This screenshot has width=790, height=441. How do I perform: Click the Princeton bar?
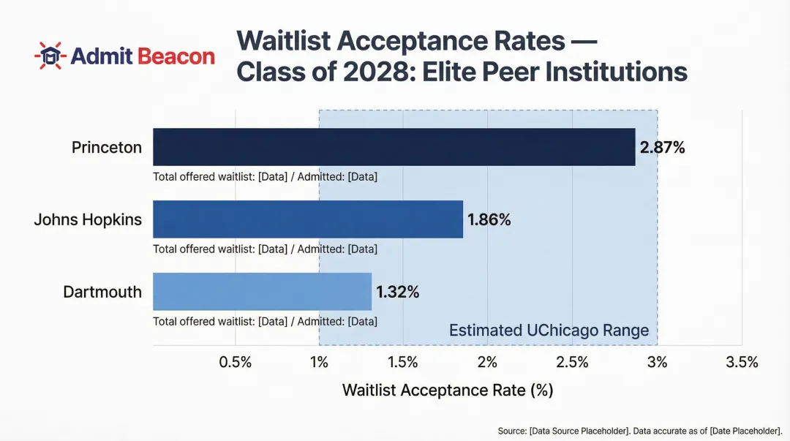[x=394, y=147]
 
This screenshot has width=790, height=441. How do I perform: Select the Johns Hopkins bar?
[x=308, y=219]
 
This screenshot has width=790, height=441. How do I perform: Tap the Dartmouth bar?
[x=262, y=292]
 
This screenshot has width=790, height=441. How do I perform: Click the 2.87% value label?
[x=662, y=148]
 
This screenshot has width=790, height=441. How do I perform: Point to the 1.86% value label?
[x=489, y=219]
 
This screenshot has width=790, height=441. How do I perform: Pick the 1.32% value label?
[x=398, y=293]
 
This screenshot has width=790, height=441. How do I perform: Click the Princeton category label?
[x=107, y=148]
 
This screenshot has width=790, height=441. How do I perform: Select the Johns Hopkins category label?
[x=88, y=219]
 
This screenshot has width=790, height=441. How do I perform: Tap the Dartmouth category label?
[x=102, y=292]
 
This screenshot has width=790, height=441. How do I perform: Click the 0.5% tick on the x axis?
[x=236, y=363]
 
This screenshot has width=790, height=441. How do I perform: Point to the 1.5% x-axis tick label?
[x=403, y=363]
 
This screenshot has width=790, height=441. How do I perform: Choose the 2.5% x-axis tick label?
[x=572, y=363]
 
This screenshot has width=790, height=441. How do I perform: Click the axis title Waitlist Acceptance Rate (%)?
[x=447, y=390]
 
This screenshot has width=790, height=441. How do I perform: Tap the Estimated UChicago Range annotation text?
[x=549, y=331]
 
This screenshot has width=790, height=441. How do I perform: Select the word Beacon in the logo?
[x=176, y=56]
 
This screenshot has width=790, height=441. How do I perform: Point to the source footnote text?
[x=640, y=431]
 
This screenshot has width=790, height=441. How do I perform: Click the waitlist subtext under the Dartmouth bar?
[x=265, y=321]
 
